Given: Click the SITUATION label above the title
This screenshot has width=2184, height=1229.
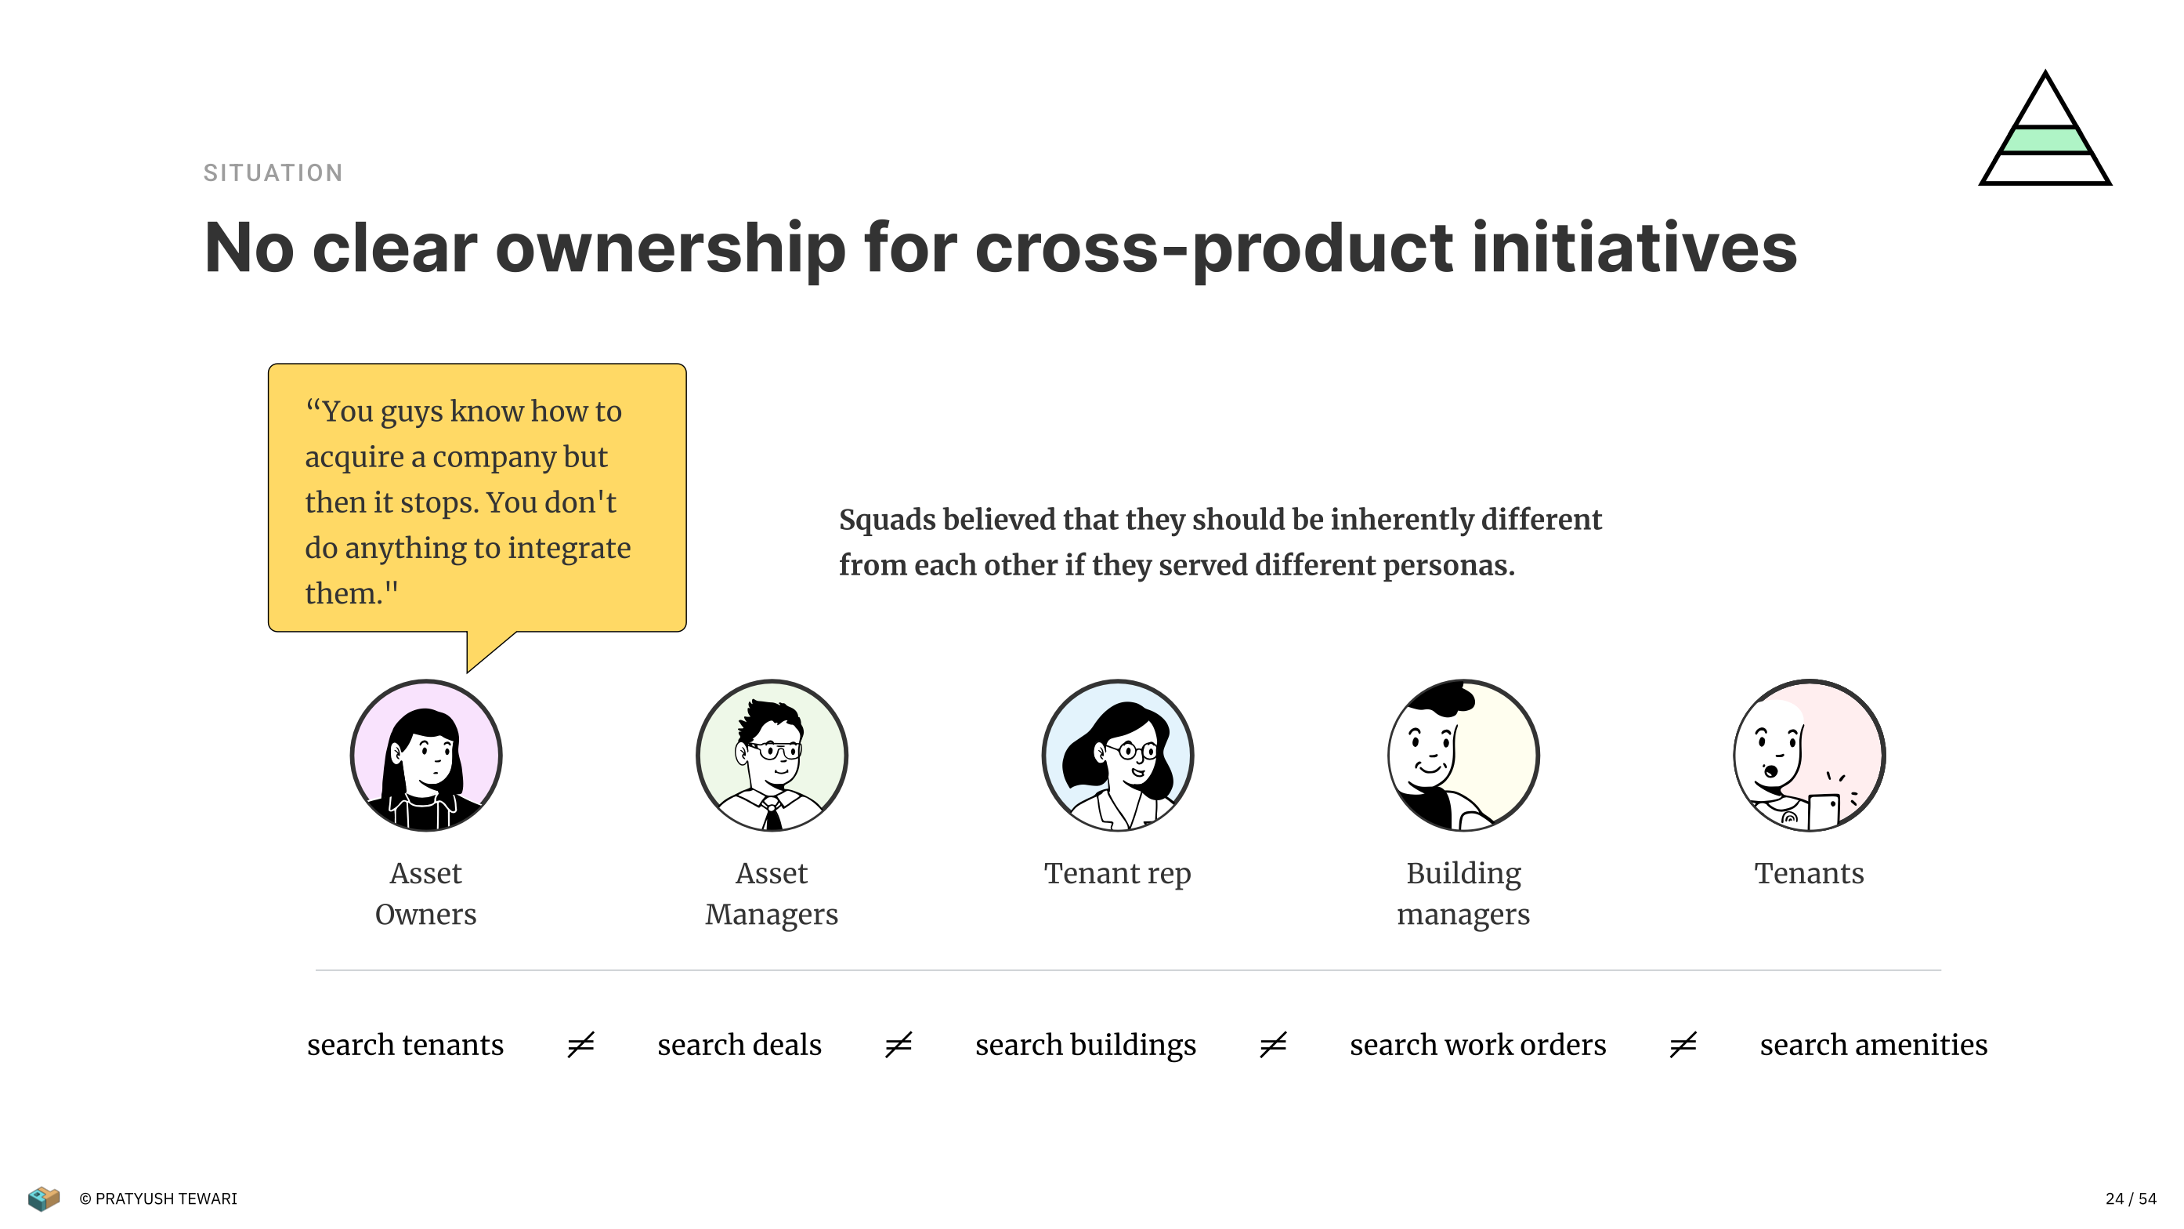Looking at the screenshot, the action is tap(273, 173).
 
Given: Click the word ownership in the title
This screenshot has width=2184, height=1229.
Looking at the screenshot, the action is tap(670, 248).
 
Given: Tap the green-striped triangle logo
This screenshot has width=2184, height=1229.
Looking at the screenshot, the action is tap(2045, 128).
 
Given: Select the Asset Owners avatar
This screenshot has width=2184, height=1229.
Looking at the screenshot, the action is tap(425, 755).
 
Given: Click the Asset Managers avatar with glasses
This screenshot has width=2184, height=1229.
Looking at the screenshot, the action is tap(772, 755).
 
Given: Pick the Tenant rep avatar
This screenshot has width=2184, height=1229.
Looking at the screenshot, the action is tap(1117, 755).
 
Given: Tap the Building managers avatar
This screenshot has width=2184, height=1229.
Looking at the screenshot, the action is tap(1463, 755).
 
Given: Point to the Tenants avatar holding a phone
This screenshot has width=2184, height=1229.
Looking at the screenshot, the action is tap(1810, 755).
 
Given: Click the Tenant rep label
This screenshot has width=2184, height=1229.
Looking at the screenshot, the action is tap(1117, 873).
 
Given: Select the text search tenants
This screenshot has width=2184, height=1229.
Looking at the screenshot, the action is tap(405, 1044).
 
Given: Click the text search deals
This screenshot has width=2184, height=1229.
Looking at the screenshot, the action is tap(739, 1044).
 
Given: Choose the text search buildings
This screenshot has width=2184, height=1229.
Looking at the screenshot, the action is tap(1085, 1045).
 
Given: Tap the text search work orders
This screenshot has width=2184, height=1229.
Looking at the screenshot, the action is tap(1477, 1044).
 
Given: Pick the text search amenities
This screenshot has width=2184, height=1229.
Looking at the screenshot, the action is tap(1874, 1044).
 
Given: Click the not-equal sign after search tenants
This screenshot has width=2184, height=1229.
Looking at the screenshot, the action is tap(580, 1044).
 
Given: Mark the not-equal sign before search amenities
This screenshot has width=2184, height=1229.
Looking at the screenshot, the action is tap(1683, 1044).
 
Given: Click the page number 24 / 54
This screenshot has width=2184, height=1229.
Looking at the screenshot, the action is tap(2131, 1198).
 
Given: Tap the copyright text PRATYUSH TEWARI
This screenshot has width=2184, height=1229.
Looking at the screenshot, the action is tap(166, 1198).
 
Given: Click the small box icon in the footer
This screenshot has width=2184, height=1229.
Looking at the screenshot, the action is tap(43, 1198).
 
